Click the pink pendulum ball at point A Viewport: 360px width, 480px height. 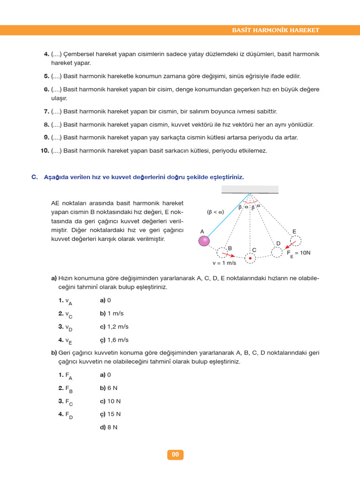coord(204,241)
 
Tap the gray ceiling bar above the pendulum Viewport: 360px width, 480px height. coord(250,189)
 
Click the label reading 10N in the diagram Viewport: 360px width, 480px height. coord(305,253)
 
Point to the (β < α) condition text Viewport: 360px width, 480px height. coord(215,212)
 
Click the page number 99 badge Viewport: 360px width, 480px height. coord(175,455)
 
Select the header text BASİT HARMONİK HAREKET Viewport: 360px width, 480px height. coord(276,30)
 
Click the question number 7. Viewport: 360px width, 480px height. coord(46,112)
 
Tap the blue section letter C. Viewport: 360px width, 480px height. coord(34,177)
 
